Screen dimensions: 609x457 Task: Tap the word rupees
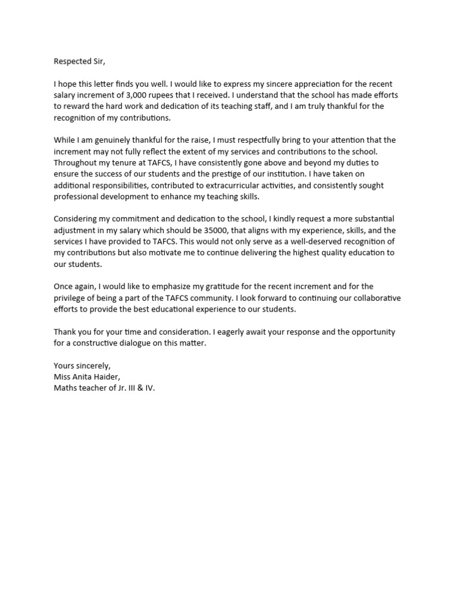pyautogui.click(x=167, y=95)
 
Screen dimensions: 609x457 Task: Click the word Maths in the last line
pyautogui.click(x=65, y=388)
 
